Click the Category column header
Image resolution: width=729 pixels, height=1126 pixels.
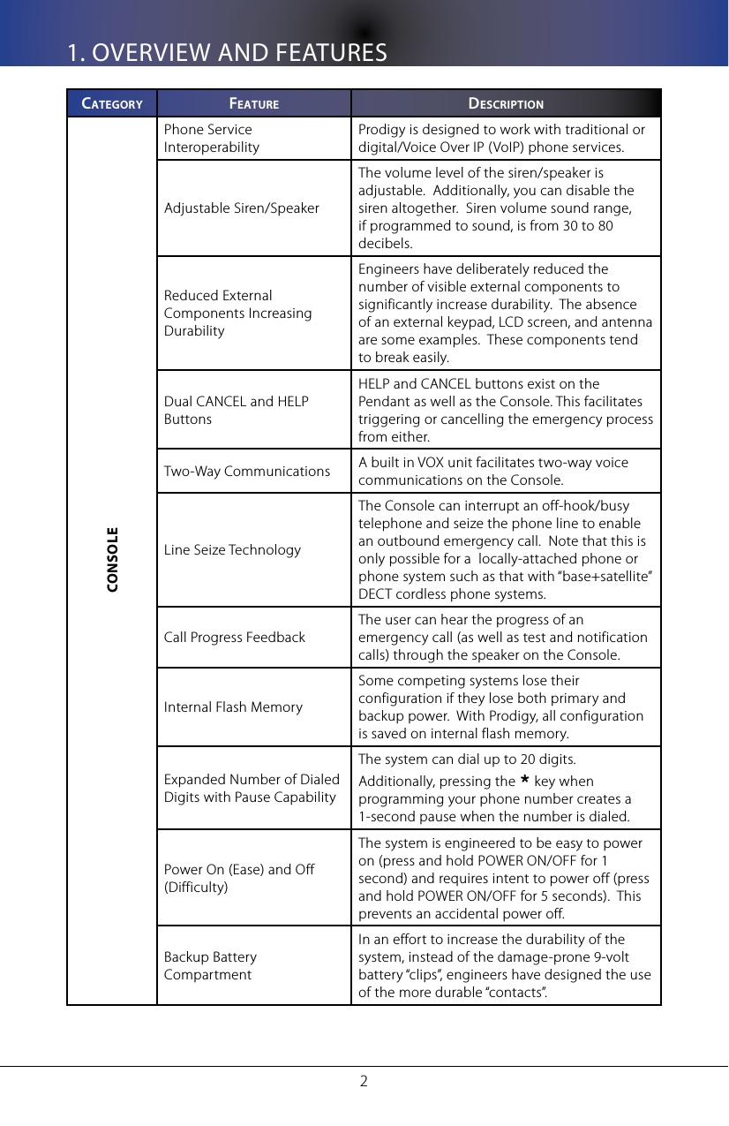(x=112, y=103)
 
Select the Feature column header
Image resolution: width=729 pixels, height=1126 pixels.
(x=254, y=103)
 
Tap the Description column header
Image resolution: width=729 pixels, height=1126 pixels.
(x=506, y=103)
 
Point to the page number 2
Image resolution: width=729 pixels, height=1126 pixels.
(x=364, y=1080)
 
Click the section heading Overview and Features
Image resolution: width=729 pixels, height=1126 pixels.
(x=228, y=53)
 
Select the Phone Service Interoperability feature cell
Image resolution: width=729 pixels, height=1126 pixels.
(x=212, y=139)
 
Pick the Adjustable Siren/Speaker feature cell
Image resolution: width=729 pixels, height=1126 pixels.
(x=242, y=208)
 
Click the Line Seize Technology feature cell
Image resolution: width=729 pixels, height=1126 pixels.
(x=232, y=550)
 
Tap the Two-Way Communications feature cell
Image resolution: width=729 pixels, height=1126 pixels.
(x=247, y=472)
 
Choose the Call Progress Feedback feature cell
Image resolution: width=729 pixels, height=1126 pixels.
(x=235, y=638)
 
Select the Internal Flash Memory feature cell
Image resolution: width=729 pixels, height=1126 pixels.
(x=233, y=707)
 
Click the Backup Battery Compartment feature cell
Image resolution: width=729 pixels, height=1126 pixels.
(x=211, y=966)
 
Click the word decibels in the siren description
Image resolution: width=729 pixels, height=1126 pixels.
(x=384, y=244)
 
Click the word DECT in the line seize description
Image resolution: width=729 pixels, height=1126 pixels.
(x=374, y=593)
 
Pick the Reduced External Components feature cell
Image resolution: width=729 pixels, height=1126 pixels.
(x=237, y=314)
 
